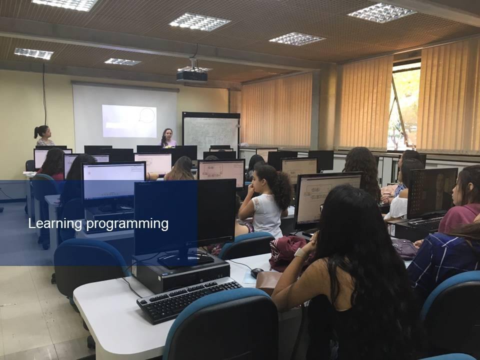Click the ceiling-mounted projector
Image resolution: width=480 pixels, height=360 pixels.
click(192, 76)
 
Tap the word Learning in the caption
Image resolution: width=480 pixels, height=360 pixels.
click(55, 224)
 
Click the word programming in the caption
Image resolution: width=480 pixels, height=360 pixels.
click(127, 224)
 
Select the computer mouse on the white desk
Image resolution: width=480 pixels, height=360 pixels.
click(257, 272)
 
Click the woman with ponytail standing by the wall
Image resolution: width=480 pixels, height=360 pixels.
click(44, 135)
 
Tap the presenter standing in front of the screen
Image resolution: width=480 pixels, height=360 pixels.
click(168, 138)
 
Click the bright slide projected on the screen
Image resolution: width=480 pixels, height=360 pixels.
click(129, 121)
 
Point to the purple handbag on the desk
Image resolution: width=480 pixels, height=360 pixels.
click(404, 248)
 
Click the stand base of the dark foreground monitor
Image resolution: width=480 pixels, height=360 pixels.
click(185, 261)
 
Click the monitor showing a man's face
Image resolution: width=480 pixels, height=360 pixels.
click(431, 193)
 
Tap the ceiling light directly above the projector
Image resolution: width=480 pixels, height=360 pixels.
click(194, 69)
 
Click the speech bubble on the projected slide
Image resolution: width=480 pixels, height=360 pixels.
click(147, 115)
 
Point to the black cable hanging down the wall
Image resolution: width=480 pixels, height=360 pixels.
click(44, 93)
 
